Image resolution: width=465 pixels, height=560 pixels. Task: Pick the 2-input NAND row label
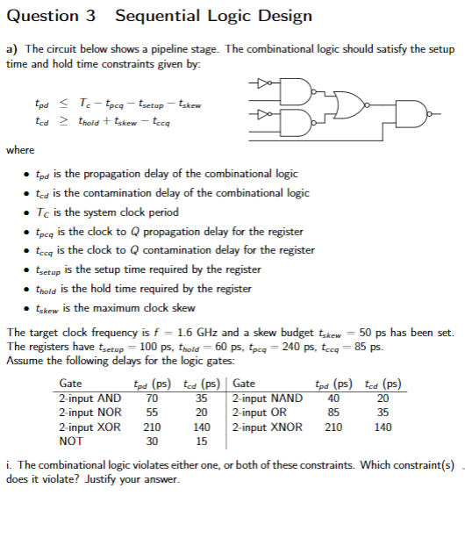tap(268, 398)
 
